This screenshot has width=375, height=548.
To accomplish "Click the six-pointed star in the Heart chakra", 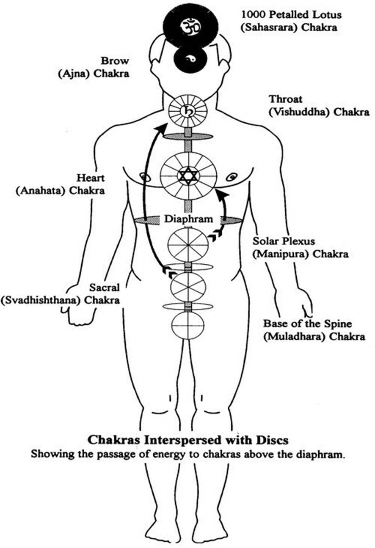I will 188,175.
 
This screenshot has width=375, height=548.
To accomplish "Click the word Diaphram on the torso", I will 188,219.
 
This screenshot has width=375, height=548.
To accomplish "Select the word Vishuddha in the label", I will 296,113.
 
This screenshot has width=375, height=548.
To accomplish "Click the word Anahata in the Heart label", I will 41,190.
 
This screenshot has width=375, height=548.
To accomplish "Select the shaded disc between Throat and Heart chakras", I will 188,137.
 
